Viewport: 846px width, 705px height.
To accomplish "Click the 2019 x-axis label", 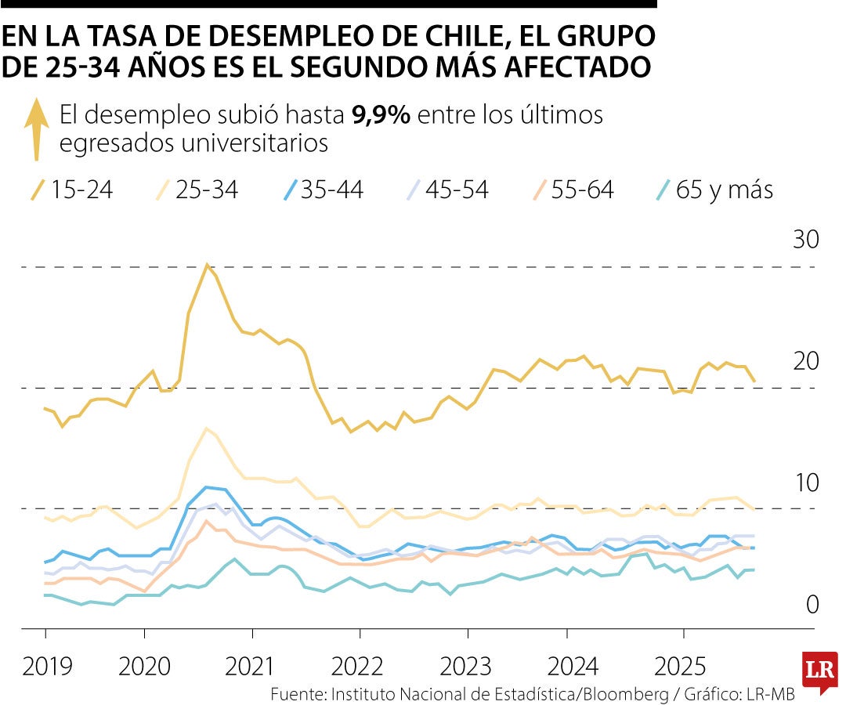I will pos(47,667).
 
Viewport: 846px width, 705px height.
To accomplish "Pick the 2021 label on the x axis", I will pos(251,667).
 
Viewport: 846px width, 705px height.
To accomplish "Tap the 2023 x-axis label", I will pos(465,667).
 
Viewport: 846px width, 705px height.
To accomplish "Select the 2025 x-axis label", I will pos(681,667).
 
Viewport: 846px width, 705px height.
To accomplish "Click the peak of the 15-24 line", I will pos(207,265).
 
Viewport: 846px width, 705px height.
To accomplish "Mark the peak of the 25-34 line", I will pos(206,428).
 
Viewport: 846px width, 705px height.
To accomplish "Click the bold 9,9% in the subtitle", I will pos(381,115).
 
